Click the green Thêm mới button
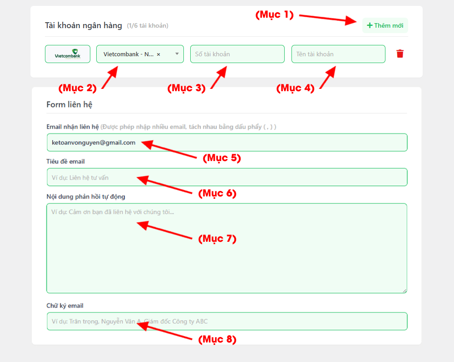click(x=385, y=25)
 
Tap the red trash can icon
click(x=400, y=54)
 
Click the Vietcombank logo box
click(x=68, y=54)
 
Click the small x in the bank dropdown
click(x=158, y=54)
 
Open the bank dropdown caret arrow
click(x=177, y=54)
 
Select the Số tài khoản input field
click(x=237, y=54)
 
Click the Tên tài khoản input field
click(x=338, y=54)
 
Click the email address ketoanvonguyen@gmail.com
click(x=94, y=142)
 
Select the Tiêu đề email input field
click(x=227, y=177)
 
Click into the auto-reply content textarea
click(x=227, y=248)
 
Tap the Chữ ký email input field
click(x=227, y=321)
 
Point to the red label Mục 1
click(x=275, y=15)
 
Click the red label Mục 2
click(x=78, y=88)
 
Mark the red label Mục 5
click(x=222, y=158)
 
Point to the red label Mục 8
click(x=217, y=339)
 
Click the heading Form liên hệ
click(x=69, y=104)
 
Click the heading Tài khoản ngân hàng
click(x=84, y=25)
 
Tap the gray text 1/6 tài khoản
click(x=148, y=25)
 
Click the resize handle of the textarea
click(x=405, y=291)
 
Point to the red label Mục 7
click(x=217, y=239)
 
